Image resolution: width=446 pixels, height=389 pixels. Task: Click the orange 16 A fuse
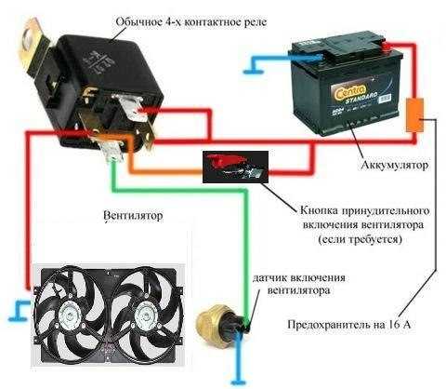pyautogui.click(x=415, y=115)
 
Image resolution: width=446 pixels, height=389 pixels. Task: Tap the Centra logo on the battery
pyautogui.click(x=350, y=91)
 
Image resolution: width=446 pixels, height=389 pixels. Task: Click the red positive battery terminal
pyautogui.click(x=387, y=47)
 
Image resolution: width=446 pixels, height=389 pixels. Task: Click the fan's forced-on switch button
pyautogui.click(x=235, y=167)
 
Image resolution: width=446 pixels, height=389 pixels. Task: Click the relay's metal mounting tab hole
pyautogui.click(x=30, y=38)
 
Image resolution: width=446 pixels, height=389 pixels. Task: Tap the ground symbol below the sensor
pyautogui.click(x=238, y=382)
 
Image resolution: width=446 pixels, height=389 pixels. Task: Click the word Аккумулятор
pyautogui.click(x=395, y=165)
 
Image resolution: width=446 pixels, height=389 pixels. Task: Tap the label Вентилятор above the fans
pyautogui.click(x=133, y=215)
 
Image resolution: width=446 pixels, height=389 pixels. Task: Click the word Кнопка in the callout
pyautogui.click(x=319, y=210)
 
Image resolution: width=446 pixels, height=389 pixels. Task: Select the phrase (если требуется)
pyautogui.click(x=361, y=240)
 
